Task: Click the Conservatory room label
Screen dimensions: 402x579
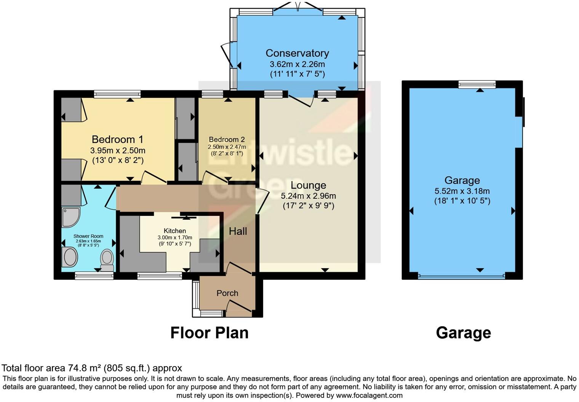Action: click(297, 53)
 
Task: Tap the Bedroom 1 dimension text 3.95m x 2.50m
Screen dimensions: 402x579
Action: click(118, 150)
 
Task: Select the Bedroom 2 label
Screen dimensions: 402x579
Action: click(227, 139)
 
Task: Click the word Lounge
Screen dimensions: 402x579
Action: click(308, 185)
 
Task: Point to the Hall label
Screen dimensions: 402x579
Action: click(238, 231)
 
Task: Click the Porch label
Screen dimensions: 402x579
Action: click(227, 293)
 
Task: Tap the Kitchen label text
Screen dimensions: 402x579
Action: click(175, 231)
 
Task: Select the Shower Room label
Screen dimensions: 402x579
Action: click(88, 236)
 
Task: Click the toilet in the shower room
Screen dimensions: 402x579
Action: click(107, 259)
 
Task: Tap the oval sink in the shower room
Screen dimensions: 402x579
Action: click(70, 257)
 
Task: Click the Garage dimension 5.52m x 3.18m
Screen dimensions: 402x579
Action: click(462, 191)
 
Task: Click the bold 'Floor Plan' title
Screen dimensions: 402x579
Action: click(209, 333)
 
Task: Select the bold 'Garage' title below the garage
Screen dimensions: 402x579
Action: click(463, 333)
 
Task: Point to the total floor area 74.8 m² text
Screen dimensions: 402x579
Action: click(92, 368)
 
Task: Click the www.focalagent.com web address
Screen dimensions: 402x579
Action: click(369, 395)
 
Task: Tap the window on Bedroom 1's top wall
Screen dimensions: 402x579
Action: click(117, 94)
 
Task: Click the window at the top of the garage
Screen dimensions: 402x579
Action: click(477, 84)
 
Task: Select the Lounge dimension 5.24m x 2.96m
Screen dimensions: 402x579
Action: click(308, 196)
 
